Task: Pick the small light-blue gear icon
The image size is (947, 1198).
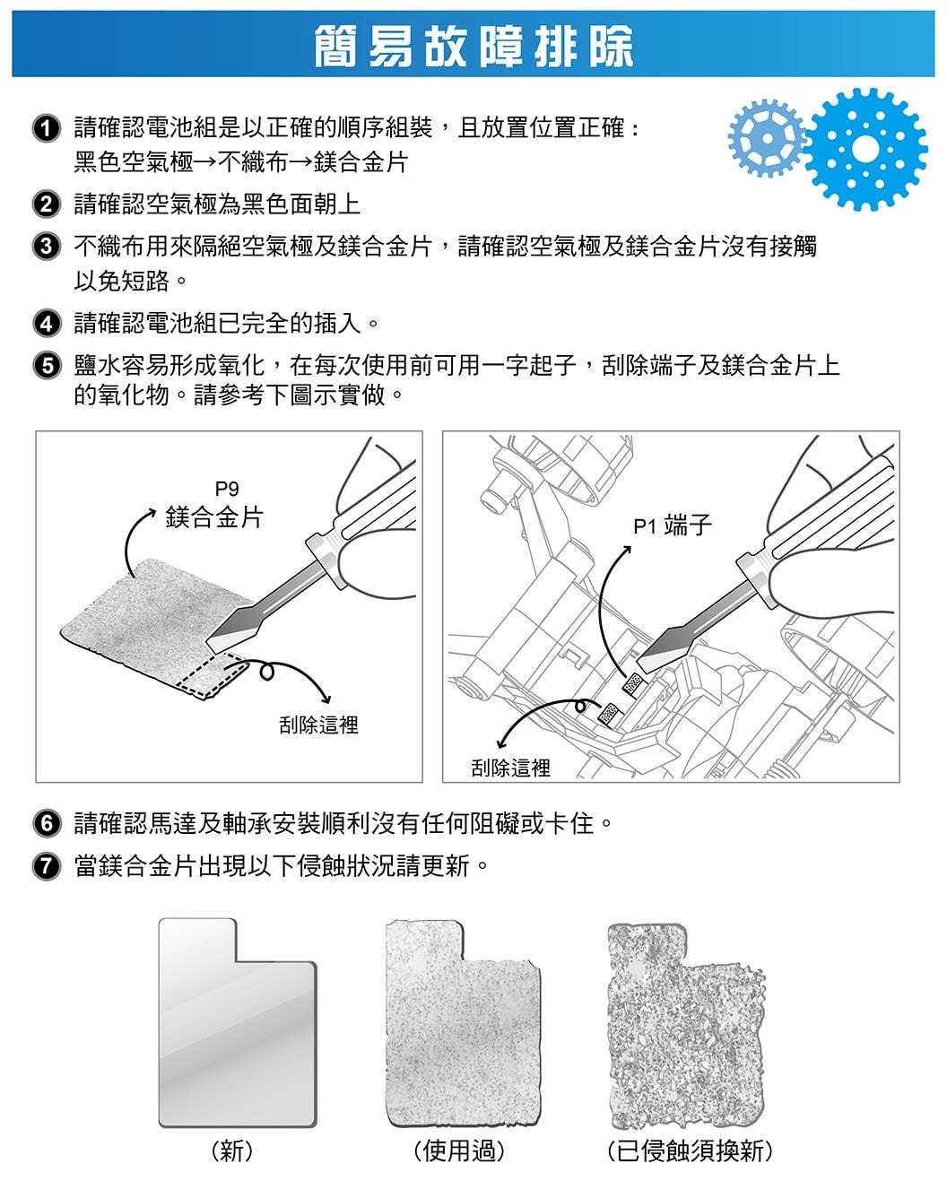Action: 767,136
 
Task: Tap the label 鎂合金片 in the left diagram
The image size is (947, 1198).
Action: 214,517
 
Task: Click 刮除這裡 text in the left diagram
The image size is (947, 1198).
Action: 318,725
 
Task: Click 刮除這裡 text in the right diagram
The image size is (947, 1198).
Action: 510,768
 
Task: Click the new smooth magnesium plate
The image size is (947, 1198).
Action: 237,1022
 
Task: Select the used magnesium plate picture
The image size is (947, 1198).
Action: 463,1022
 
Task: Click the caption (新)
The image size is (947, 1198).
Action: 232,1150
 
